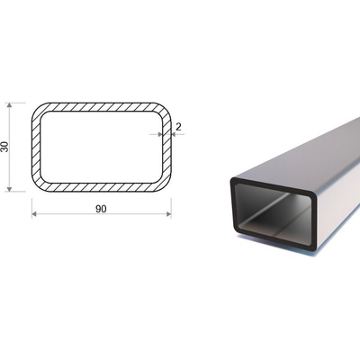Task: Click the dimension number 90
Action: [101, 209]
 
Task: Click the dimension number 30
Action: [5, 147]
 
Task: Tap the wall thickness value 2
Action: [178, 127]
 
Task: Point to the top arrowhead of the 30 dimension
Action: [9, 105]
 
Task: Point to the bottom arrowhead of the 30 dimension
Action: [9, 189]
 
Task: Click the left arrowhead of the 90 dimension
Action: [34, 214]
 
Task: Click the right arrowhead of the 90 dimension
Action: [168, 214]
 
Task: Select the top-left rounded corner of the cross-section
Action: [39, 110]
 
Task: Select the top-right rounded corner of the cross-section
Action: [164, 110]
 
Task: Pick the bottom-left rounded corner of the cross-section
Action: [39, 184]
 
